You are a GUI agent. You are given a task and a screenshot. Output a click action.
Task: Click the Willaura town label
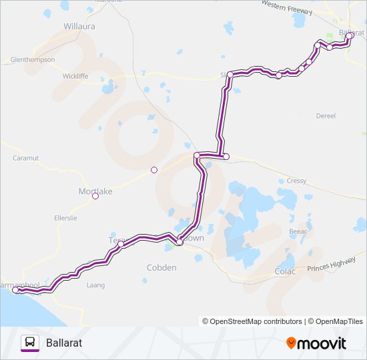coord(79,27)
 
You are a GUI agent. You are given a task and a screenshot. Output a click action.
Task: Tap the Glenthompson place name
coord(33,59)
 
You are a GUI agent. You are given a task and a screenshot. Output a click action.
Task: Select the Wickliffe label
coord(75,76)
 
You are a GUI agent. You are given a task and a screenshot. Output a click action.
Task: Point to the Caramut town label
coord(26,158)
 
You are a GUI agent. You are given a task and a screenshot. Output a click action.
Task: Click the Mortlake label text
coord(95,191)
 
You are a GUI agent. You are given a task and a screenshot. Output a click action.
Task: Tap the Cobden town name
coord(161,267)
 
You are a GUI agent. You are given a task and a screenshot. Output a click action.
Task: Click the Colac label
coord(285,271)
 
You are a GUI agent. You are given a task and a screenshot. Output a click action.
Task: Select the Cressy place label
coord(296,181)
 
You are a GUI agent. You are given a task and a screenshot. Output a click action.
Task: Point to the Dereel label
coord(326,115)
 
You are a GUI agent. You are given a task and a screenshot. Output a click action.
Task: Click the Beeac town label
coord(298,231)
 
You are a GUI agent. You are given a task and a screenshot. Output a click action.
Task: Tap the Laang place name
coord(96,285)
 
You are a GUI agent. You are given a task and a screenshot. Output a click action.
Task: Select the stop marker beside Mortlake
coord(95,196)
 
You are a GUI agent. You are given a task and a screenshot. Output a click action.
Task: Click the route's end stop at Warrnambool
coord(15,290)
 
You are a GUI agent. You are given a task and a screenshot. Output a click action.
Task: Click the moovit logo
coord(316,343)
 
